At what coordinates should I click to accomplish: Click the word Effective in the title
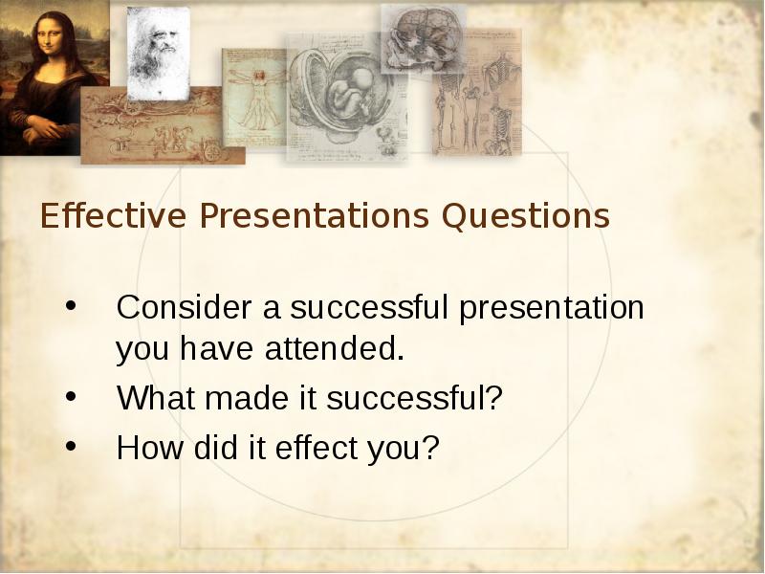[113, 215]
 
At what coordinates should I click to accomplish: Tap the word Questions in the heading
[525, 216]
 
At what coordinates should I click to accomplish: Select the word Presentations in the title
[315, 215]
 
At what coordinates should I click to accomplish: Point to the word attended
[335, 348]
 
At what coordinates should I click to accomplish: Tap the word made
[247, 397]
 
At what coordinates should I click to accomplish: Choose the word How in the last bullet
[150, 447]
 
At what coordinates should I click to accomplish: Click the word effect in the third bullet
[317, 447]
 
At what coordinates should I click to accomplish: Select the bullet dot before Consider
[71, 306]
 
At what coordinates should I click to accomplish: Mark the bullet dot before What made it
[71, 396]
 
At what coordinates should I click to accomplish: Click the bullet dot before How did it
[71, 446]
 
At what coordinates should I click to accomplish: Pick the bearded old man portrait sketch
[159, 54]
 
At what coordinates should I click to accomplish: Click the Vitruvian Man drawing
[254, 98]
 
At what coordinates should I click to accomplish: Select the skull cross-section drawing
[423, 39]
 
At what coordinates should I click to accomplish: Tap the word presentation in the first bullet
[552, 308]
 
